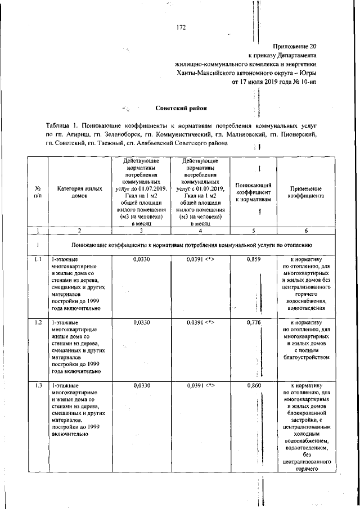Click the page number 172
click(181, 27)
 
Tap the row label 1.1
click(38, 260)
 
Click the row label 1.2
click(38, 323)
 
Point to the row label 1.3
click(38, 386)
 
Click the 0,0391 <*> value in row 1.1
click(201, 260)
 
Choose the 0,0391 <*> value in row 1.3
click(201, 386)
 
